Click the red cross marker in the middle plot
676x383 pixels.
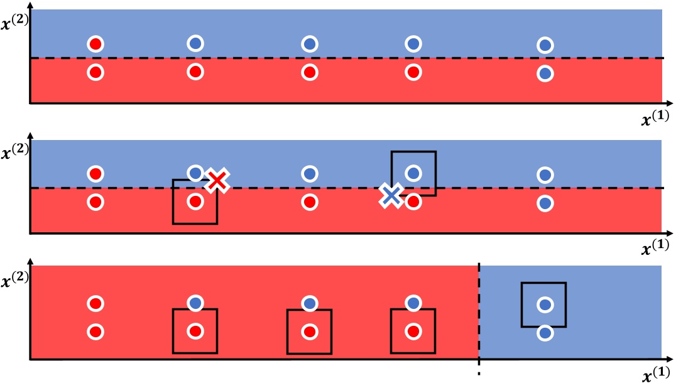point(217,181)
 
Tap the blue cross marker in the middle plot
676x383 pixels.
point(391,197)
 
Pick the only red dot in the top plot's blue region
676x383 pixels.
point(95,44)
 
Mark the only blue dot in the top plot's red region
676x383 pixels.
point(545,73)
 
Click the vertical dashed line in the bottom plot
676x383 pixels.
point(479,314)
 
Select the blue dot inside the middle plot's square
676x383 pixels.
point(413,173)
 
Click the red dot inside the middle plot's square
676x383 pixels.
point(195,202)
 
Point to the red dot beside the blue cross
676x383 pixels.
point(413,202)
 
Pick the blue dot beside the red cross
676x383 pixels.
point(195,173)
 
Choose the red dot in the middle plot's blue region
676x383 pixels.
point(95,173)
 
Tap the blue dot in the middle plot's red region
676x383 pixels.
point(545,203)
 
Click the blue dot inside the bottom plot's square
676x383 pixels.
point(545,305)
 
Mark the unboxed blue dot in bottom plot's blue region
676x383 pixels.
point(545,333)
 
